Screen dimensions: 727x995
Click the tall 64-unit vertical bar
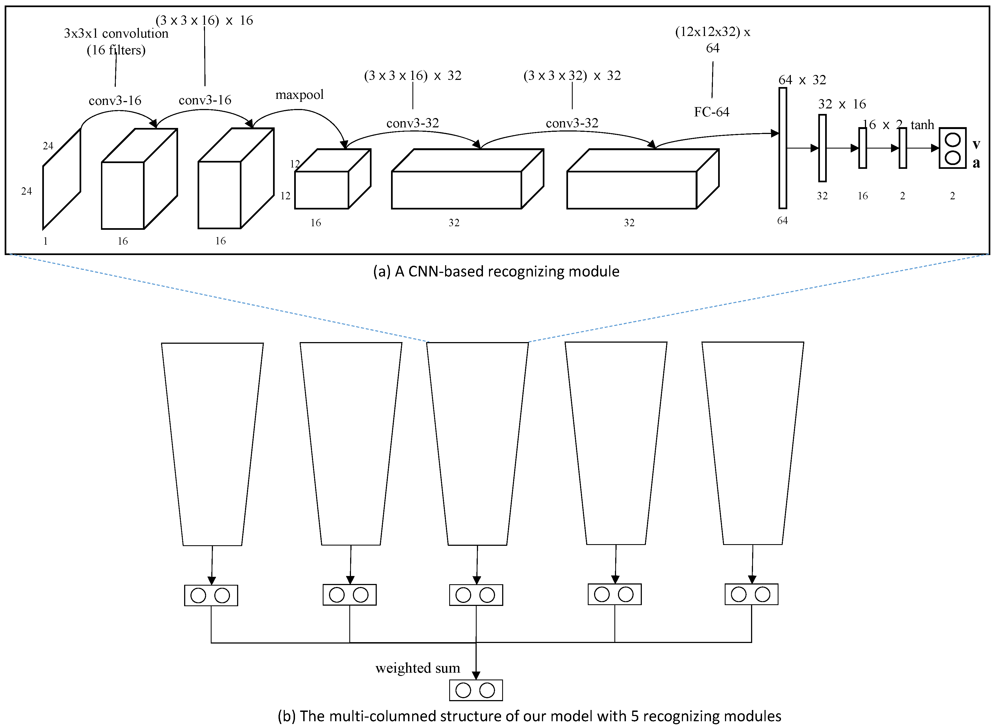[783, 148]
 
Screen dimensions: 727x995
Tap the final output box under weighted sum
[476, 690]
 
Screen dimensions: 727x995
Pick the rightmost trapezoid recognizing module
[753, 444]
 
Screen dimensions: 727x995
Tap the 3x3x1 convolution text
[116, 33]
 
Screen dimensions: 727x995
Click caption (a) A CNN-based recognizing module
[496, 272]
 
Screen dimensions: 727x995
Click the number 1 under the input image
[45, 241]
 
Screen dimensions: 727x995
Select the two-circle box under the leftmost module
[211, 595]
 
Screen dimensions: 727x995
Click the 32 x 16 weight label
[842, 104]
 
